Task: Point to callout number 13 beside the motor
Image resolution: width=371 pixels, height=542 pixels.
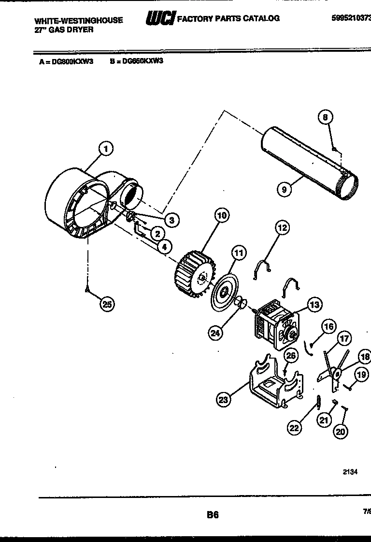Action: (x=314, y=304)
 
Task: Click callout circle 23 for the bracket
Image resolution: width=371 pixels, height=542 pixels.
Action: (x=223, y=399)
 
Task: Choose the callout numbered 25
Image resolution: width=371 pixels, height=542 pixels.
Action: (x=108, y=304)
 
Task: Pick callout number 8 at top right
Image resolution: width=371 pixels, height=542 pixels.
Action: (x=326, y=117)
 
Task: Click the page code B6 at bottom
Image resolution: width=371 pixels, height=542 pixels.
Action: (x=213, y=515)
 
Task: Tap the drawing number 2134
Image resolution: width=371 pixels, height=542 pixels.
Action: (x=350, y=473)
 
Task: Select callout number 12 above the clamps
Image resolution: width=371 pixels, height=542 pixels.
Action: (x=282, y=227)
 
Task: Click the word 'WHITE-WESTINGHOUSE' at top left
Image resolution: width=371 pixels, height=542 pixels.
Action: (x=78, y=20)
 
